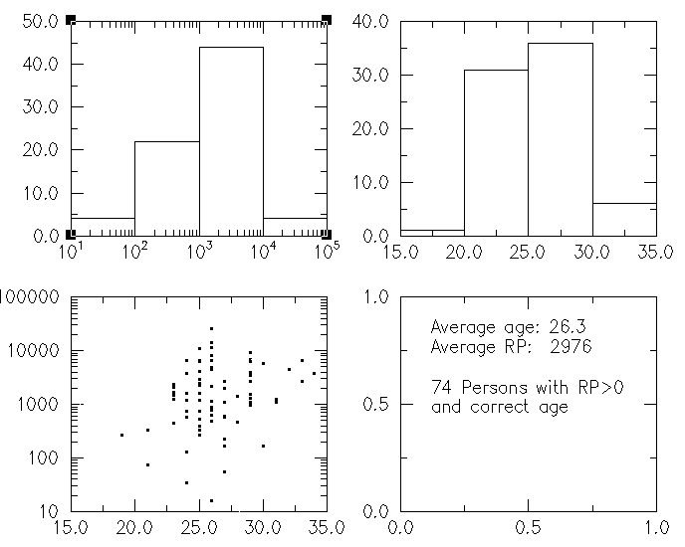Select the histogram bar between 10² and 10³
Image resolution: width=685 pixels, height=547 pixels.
[x=166, y=188]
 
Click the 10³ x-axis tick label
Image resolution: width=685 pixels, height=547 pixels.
[x=198, y=253]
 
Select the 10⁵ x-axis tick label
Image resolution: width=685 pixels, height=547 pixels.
[x=327, y=253]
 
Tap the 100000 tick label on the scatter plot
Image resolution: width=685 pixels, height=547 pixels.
[x=34, y=297]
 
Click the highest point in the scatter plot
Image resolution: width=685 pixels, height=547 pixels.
[x=211, y=328]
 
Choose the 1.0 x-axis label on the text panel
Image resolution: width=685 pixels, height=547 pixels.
[x=653, y=527]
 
